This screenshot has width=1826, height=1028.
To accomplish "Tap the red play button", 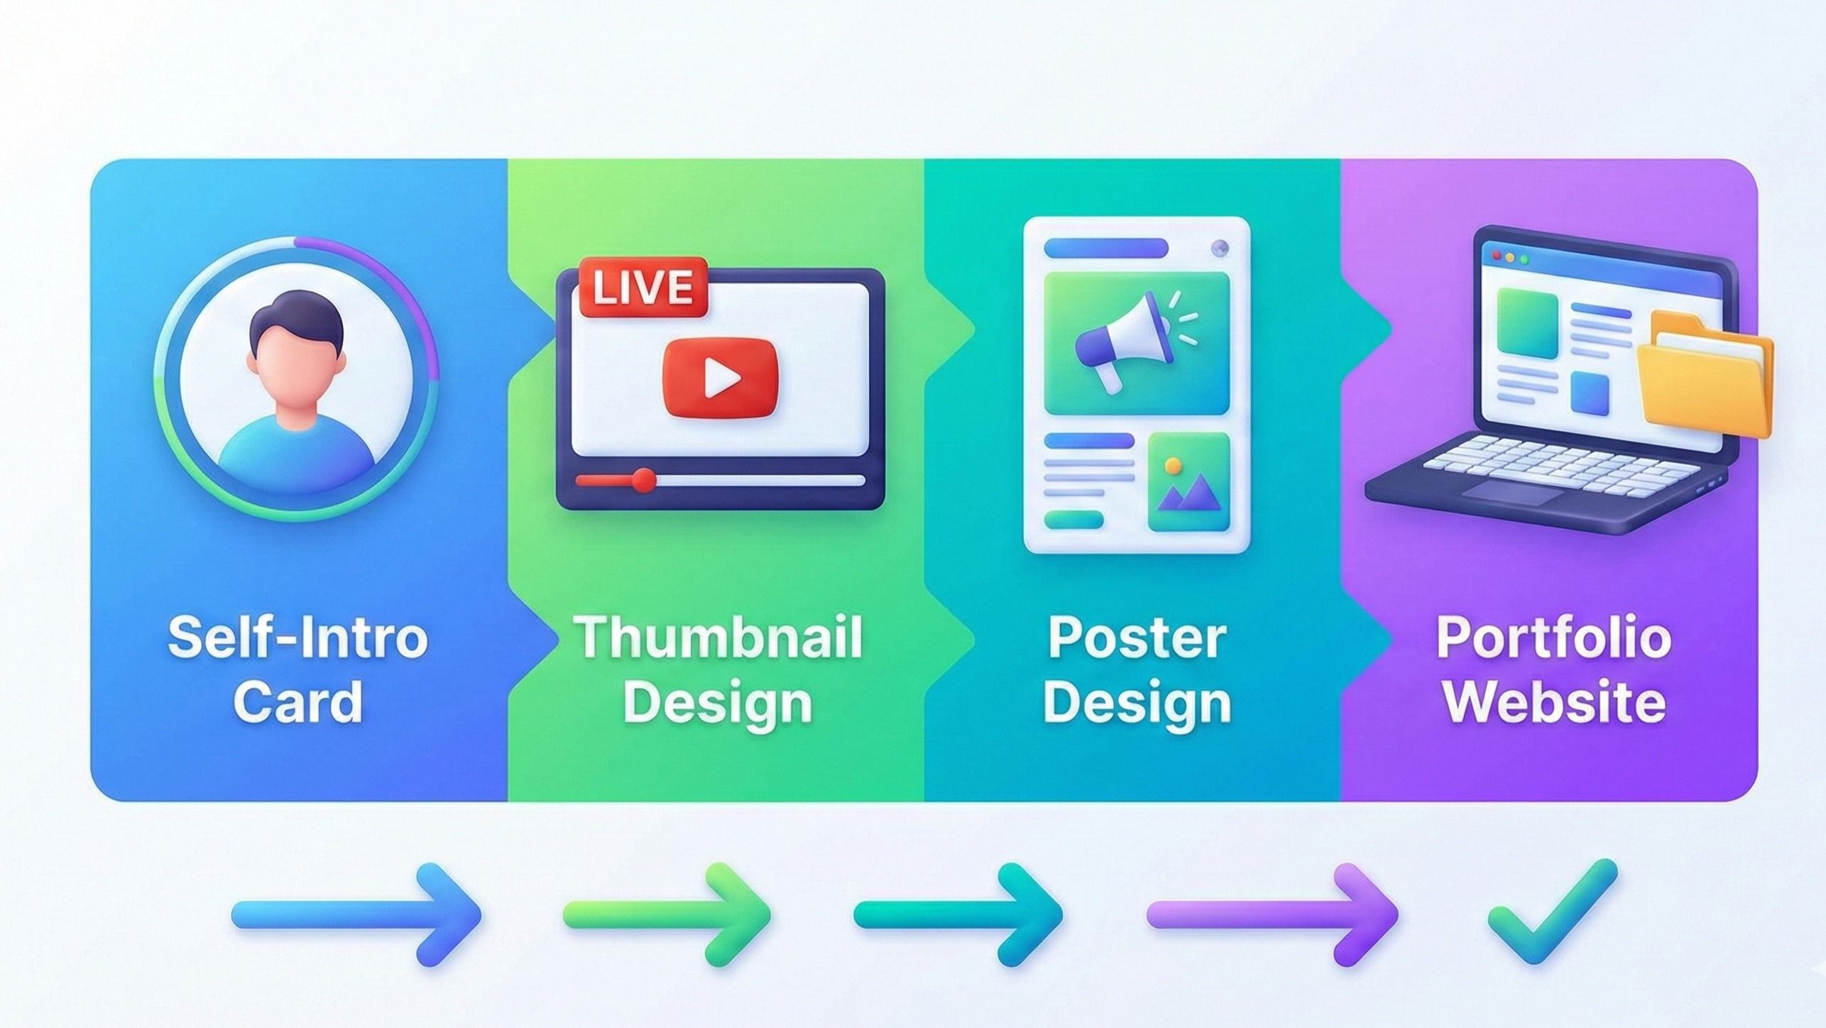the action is point(720,378).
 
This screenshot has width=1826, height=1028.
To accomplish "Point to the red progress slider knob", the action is point(644,480).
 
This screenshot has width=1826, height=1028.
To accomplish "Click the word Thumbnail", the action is point(718,637).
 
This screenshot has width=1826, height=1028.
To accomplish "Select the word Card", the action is point(298,701).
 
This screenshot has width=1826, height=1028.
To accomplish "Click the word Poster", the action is point(1137,637).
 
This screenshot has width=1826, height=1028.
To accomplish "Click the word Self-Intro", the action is point(298,637).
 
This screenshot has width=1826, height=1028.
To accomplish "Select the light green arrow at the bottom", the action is point(667,914).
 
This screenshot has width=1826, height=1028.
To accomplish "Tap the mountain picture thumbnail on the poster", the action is point(1189,482).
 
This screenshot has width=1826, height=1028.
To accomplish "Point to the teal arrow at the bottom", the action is point(958,914).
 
